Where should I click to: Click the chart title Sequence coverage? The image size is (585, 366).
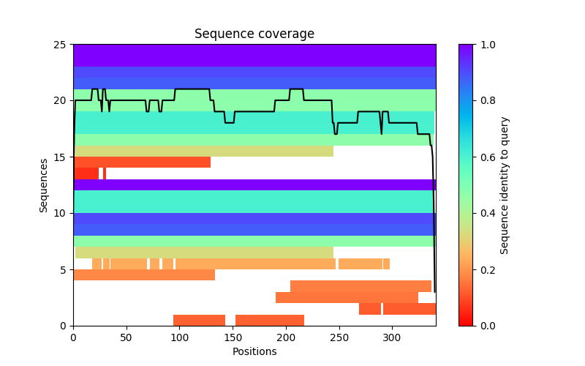(254, 34)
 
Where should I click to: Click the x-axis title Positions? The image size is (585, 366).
(254, 351)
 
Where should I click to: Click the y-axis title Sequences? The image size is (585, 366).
(44, 185)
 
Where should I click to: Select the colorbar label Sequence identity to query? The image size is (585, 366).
(505, 185)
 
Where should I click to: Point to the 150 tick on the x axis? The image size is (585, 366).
(233, 326)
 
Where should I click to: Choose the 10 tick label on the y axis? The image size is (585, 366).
(62, 213)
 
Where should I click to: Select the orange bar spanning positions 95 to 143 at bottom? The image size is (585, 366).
(199, 320)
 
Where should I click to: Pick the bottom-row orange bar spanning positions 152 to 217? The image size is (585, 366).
(270, 320)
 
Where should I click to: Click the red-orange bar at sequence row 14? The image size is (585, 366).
(142, 163)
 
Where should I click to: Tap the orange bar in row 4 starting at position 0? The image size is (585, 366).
(144, 275)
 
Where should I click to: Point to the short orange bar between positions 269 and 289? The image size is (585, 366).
(370, 309)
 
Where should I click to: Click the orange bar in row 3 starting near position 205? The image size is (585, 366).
(361, 286)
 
